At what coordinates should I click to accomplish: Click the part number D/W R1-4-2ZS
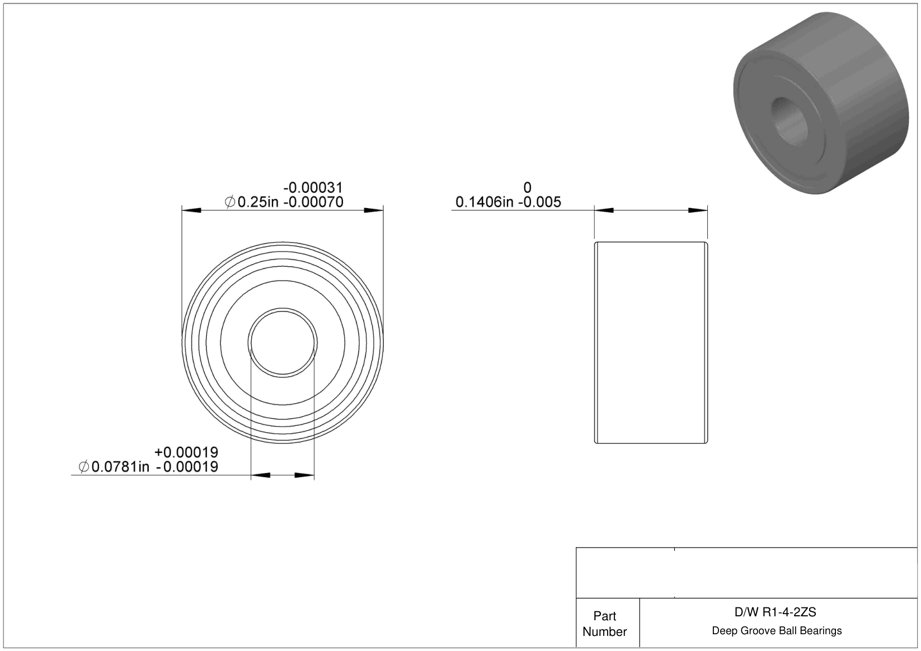pyautogui.click(x=775, y=612)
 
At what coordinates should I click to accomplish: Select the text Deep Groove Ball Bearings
pyautogui.click(x=777, y=630)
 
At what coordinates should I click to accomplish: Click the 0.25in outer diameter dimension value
pyautogui.click(x=258, y=202)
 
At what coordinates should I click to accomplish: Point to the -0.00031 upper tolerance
pyautogui.click(x=313, y=187)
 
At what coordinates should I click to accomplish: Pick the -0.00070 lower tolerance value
pyautogui.click(x=313, y=202)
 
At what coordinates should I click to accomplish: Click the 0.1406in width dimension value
pyautogui.click(x=485, y=202)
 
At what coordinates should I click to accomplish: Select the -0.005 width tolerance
pyautogui.click(x=539, y=202)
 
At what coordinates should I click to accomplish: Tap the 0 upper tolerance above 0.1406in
pyautogui.click(x=527, y=187)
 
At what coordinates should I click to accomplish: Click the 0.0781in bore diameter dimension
pyautogui.click(x=120, y=466)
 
